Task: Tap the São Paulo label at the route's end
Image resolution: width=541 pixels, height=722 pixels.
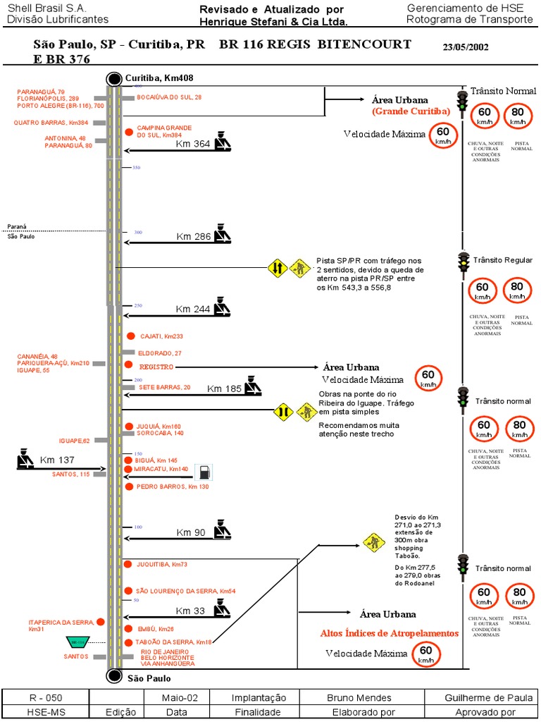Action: (149, 678)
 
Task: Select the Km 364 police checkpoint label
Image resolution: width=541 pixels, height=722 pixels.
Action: (192, 144)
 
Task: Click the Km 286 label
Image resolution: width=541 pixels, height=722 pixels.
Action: (193, 236)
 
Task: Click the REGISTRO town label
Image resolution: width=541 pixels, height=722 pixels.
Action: (156, 367)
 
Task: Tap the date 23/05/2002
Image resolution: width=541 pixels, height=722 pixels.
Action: (466, 48)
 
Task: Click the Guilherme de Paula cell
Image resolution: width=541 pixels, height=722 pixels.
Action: (488, 698)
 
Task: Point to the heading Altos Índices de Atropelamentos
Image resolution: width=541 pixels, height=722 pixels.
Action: (389, 633)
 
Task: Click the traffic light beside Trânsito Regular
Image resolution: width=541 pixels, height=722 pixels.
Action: (464, 262)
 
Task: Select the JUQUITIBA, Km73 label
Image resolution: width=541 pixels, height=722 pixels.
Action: (161, 565)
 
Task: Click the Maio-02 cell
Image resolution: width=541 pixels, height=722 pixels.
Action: (175, 698)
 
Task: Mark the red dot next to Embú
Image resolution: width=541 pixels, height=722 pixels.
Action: (129, 628)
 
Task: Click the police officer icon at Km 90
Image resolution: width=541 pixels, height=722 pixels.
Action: (223, 530)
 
